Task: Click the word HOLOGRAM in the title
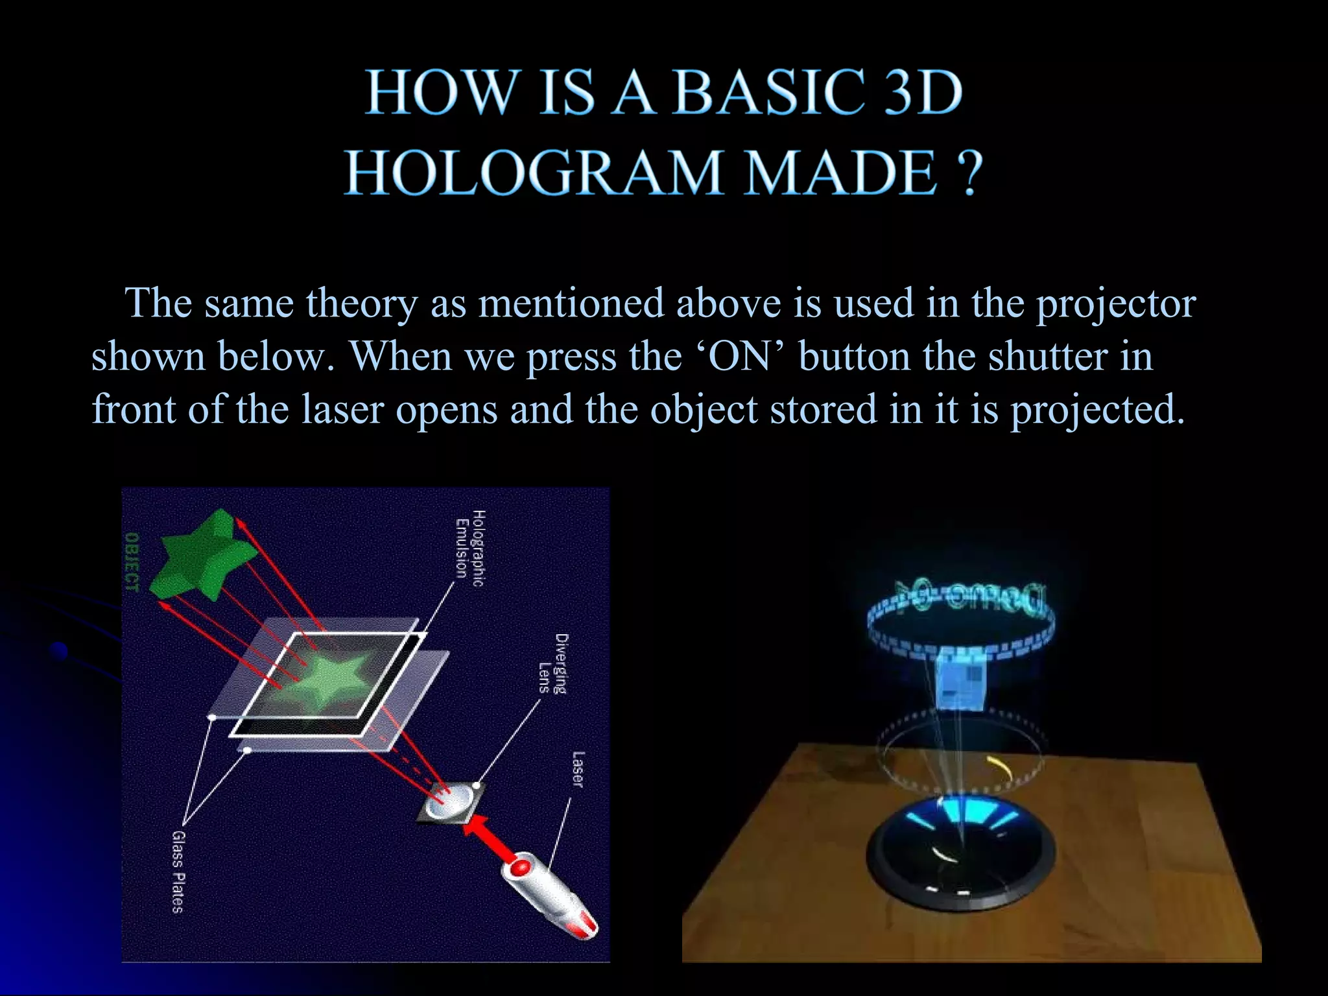[532, 172]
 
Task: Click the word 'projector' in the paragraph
[1115, 303]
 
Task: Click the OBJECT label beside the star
[132, 562]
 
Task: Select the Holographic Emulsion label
[469, 549]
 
